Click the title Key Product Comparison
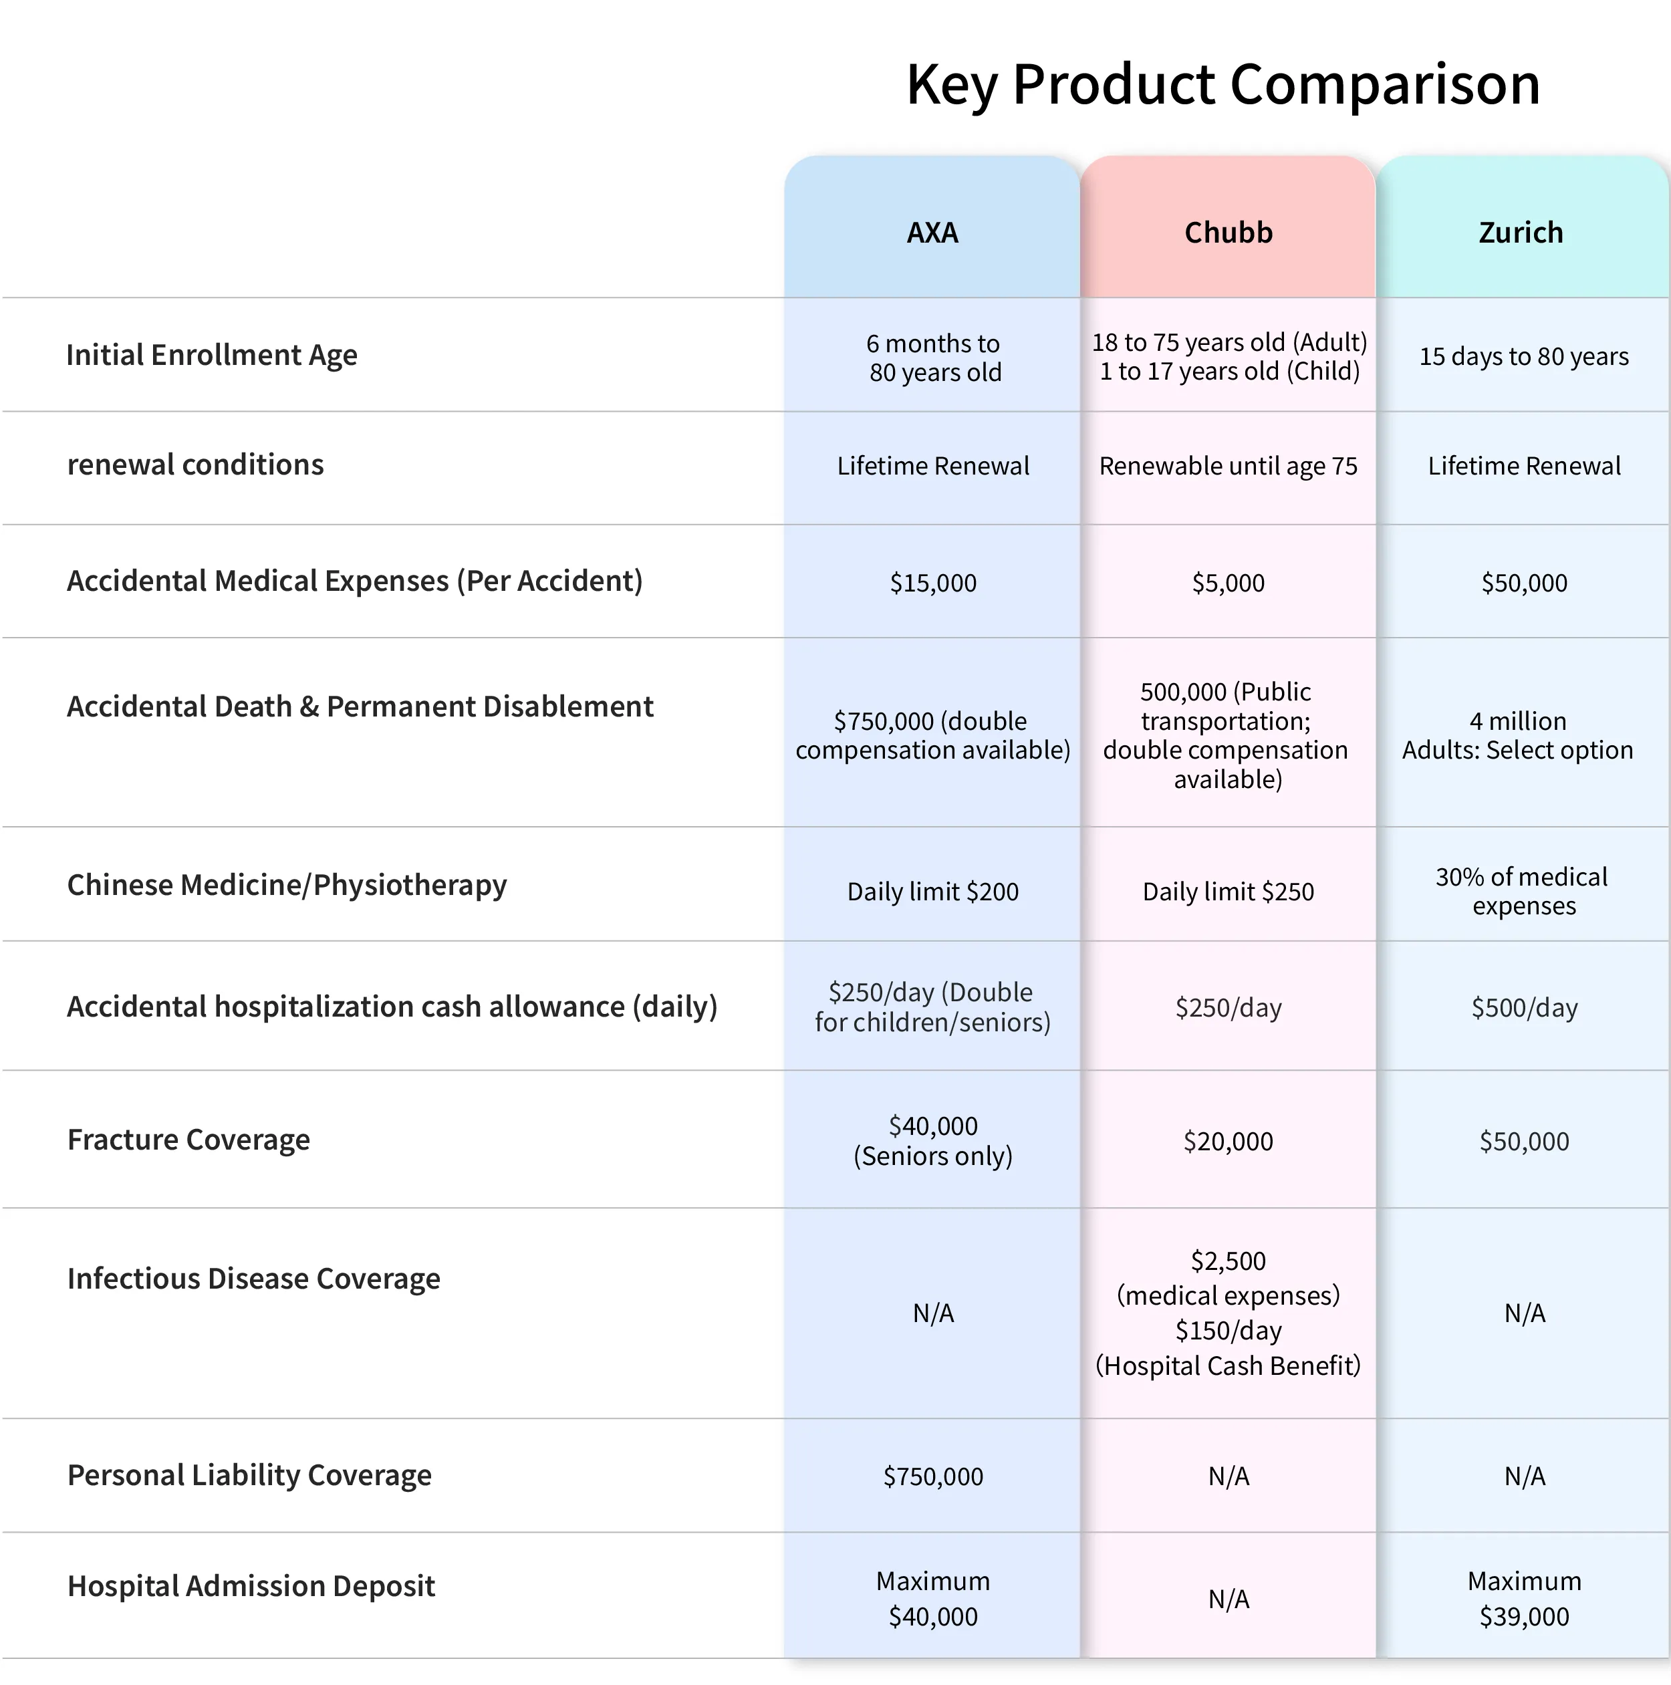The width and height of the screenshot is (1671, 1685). coord(1223,86)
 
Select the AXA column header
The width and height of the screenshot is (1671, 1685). coord(932,233)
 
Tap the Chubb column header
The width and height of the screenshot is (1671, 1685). coord(1228,233)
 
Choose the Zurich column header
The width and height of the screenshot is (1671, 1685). coord(1521,233)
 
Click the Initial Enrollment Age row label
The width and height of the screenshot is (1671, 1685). coord(212,355)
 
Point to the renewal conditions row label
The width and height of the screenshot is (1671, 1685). coord(195,465)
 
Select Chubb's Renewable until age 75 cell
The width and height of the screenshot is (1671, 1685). coord(1228,467)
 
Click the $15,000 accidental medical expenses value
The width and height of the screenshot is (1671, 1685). coord(933,583)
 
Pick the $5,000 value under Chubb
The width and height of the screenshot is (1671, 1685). coord(1228,583)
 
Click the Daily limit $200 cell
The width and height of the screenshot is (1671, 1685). coord(933,892)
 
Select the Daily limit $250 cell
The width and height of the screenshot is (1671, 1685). coord(1228,892)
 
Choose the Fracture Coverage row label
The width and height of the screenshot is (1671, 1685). coord(188,1140)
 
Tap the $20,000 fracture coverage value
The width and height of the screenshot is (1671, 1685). coord(1228,1141)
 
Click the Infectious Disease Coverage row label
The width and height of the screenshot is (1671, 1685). coord(254,1279)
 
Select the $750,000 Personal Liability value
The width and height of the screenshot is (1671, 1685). coord(933,1476)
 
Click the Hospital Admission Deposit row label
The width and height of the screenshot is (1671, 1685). coord(251,1585)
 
